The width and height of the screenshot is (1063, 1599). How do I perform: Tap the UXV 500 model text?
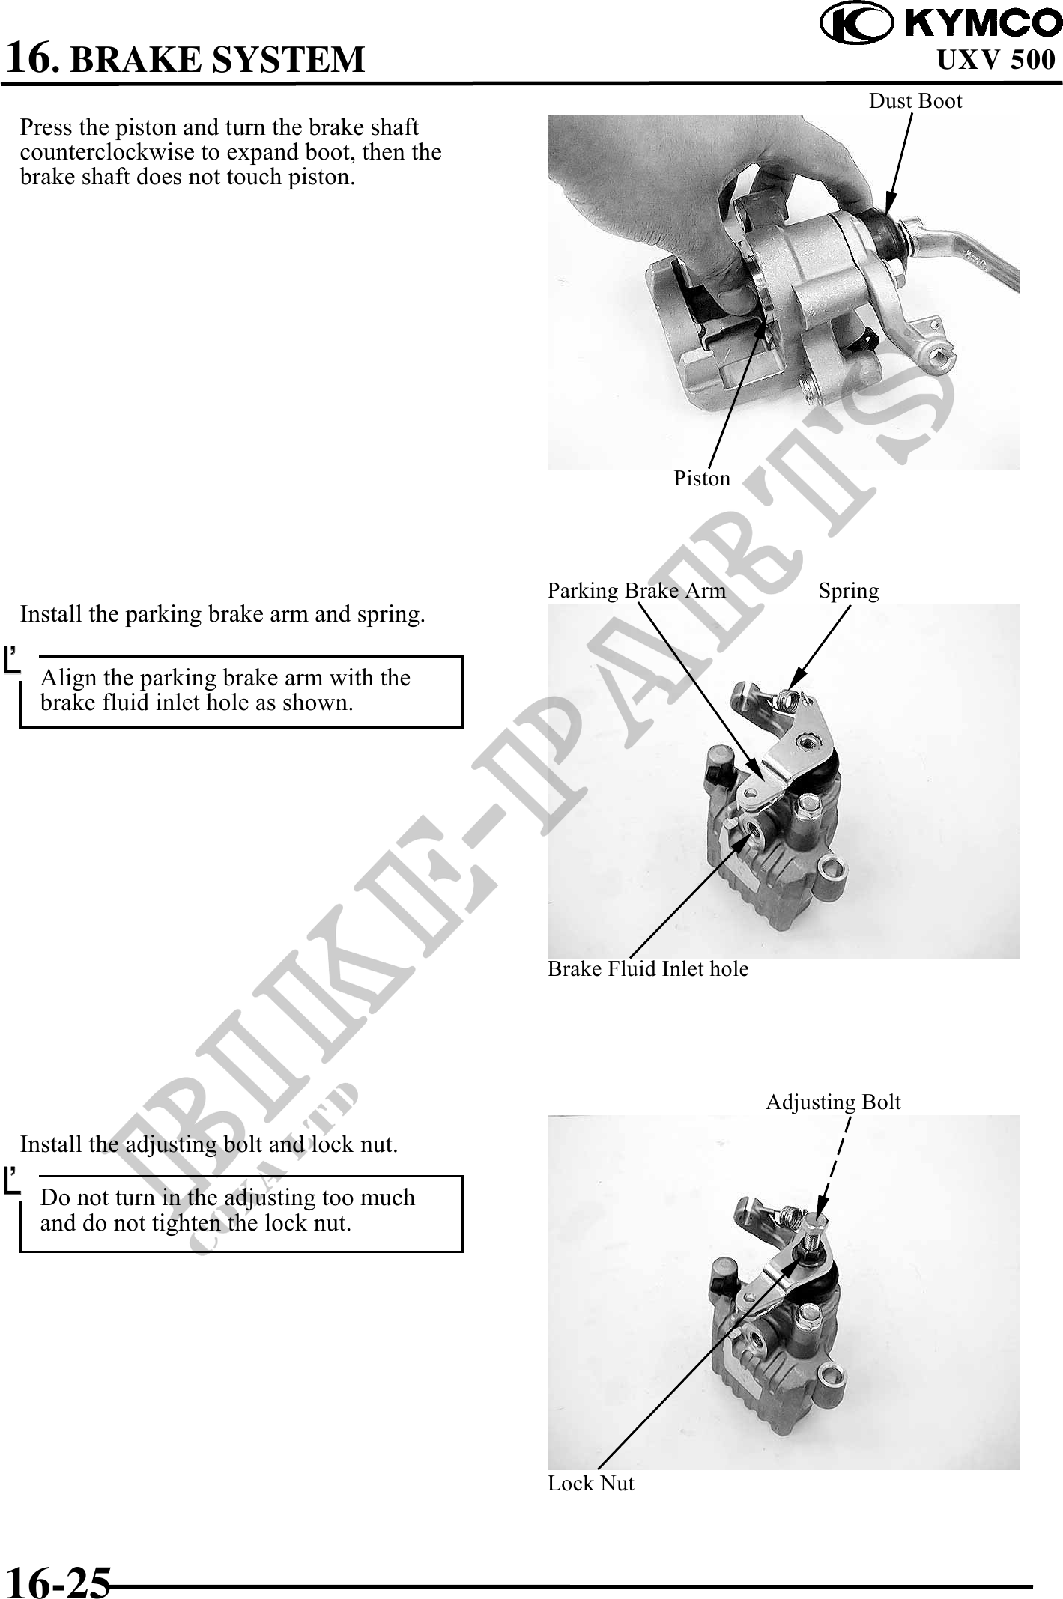pyautogui.click(x=996, y=60)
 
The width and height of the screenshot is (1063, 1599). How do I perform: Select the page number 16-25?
pyautogui.click(x=58, y=1582)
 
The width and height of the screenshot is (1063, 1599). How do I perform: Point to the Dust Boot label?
pyautogui.click(x=915, y=100)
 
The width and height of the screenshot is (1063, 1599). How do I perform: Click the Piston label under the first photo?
pyautogui.click(x=702, y=478)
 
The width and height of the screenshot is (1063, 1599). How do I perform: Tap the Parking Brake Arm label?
pyautogui.click(x=637, y=590)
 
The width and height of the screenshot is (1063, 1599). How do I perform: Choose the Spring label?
pyautogui.click(x=849, y=591)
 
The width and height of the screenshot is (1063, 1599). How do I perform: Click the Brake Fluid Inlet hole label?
pyautogui.click(x=648, y=969)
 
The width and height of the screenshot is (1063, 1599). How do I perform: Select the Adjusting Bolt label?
pyautogui.click(x=833, y=1102)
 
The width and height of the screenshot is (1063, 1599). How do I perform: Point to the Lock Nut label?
pyautogui.click(x=591, y=1484)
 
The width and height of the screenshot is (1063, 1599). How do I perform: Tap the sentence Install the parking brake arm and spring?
pyautogui.click(x=222, y=614)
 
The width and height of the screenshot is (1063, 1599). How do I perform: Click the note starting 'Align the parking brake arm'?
pyautogui.click(x=225, y=690)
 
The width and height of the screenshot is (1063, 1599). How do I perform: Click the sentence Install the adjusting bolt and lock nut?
pyautogui.click(x=209, y=1144)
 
